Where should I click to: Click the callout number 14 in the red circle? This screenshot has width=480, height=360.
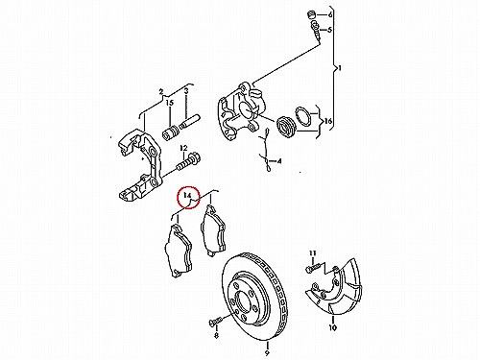click(x=187, y=195)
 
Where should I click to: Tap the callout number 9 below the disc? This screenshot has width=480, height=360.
click(x=267, y=353)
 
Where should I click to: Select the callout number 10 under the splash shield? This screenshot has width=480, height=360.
click(x=332, y=327)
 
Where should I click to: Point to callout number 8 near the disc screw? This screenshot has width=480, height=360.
click(x=216, y=335)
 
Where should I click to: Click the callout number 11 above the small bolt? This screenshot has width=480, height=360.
click(x=312, y=252)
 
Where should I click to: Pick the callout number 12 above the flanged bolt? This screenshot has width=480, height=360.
click(x=183, y=148)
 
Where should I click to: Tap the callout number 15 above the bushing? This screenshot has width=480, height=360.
click(x=169, y=103)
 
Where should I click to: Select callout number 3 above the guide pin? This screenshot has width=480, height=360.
click(x=186, y=91)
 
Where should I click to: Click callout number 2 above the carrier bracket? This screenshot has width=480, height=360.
click(x=161, y=92)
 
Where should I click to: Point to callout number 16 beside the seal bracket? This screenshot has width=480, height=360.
click(x=328, y=121)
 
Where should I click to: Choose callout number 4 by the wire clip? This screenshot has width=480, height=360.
click(x=279, y=161)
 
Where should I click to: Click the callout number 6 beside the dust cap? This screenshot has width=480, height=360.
click(x=330, y=14)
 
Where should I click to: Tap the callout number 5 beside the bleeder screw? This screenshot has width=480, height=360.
click(x=329, y=30)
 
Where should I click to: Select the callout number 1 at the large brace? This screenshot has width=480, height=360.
click(x=340, y=68)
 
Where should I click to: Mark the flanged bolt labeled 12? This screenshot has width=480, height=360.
click(x=188, y=162)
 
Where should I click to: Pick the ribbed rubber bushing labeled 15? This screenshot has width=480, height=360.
click(x=171, y=133)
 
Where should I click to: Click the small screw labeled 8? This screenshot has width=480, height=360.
click(x=215, y=321)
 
